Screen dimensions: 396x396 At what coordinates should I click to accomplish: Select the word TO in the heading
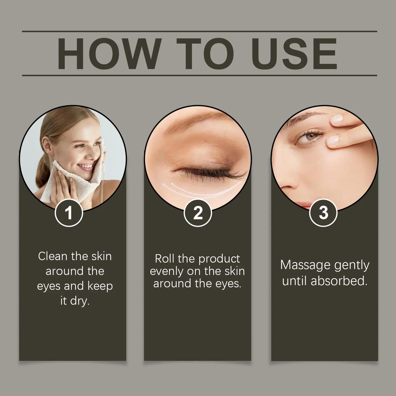click(206, 54)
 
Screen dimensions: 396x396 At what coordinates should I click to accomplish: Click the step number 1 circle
click(69, 213)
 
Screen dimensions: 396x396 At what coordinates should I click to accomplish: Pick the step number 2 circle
click(198, 213)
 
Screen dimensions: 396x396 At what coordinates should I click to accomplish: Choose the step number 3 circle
click(323, 213)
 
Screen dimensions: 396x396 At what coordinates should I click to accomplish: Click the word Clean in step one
click(53, 256)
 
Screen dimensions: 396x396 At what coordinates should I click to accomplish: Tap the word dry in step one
click(80, 301)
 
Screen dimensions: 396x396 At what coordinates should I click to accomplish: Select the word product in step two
click(219, 259)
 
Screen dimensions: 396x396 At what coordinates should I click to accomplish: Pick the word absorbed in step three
click(339, 281)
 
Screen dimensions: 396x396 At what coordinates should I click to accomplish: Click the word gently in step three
click(352, 266)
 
